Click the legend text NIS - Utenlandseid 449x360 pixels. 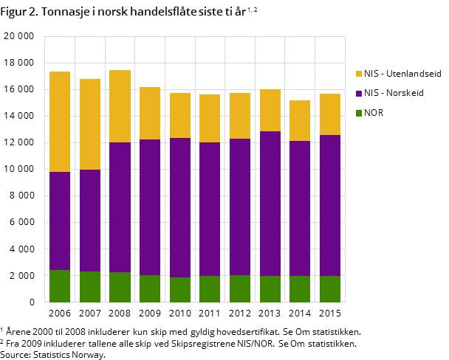(x=402, y=74)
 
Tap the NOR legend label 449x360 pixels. (x=374, y=113)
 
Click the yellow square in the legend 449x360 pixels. (x=359, y=74)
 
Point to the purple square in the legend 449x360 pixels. (x=359, y=94)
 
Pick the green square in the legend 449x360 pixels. (x=359, y=113)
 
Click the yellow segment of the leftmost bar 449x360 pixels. (x=60, y=122)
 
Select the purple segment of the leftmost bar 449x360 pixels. (x=60, y=221)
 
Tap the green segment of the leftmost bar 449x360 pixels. (x=60, y=286)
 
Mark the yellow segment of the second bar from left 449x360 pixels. (x=90, y=124)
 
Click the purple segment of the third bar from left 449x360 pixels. (x=120, y=207)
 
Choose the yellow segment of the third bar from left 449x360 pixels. (x=120, y=106)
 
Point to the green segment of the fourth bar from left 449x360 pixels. (x=150, y=288)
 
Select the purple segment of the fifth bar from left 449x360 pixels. (x=180, y=207)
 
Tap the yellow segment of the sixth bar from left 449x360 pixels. (x=210, y=118)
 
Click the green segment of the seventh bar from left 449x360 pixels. (x=240, y=288)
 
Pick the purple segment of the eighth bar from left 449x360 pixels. (x=270, y=204)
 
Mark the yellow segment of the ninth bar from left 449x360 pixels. (x=300, y=120)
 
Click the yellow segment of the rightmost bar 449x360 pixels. (x=330, y=114)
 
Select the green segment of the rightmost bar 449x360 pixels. (x=330, y=288)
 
